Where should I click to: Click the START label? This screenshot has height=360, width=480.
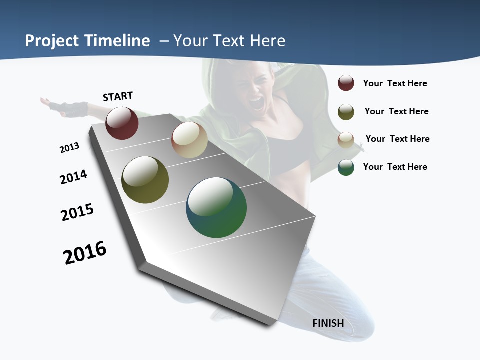(x=118, y=96)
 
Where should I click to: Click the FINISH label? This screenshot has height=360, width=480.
(x=328, y=323)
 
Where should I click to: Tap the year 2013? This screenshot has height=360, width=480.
(x=69, y=147)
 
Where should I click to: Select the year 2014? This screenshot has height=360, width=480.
(x=73, y=177)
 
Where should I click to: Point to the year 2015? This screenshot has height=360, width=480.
(x=77, y=212)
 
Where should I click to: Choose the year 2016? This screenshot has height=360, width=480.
(x=85, y=252)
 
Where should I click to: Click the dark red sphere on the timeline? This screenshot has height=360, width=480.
(x=122, y=123)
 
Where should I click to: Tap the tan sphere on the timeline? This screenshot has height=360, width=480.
(x=189, y=140)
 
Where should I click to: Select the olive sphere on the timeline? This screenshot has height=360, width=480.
(x=145, y=180)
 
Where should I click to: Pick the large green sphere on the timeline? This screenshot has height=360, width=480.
(x=216, y=207)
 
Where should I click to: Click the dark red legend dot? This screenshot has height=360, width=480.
(x=346, y=83)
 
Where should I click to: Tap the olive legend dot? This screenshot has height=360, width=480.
(x=346, y=111)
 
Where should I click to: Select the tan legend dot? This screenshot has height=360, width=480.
(x=346, y=139)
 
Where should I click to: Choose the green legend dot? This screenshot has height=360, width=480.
(x=346, y=167)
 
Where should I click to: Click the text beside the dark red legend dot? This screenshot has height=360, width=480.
(x=395, y=83)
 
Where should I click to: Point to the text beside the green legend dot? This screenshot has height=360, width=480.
(x=395, y=167)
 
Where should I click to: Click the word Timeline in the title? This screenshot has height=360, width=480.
(x=118, y=41)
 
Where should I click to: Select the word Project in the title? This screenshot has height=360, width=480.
(x=51, y=41)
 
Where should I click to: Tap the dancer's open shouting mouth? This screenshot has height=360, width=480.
(x=256, y=103)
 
